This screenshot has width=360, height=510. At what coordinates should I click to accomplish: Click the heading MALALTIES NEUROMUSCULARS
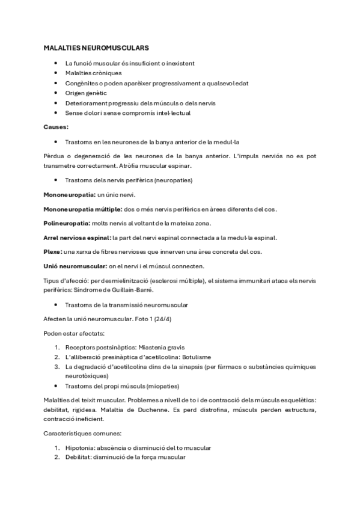coord(96,47)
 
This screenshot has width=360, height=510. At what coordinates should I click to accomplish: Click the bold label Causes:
coord(56,127)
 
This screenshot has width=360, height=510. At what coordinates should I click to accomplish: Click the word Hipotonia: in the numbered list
coord(82,448)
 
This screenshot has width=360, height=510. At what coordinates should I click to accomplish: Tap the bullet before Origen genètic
coord(55,93)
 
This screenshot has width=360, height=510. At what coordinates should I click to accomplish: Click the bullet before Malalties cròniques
coord(55,73)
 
